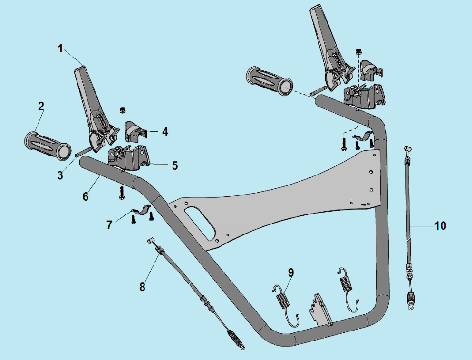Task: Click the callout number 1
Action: pos(60,49)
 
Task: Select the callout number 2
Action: pos(41,106)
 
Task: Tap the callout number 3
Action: pos(60,175)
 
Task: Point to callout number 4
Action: pos(164,131)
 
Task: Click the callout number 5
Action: pos(175,165)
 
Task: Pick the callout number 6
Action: pos(86,196)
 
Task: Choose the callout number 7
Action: pos(110,224)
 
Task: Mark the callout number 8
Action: pos(142,287)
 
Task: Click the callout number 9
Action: pos(291,272)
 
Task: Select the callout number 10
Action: pos(441,225)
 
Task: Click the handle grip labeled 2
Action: pos(47,144)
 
